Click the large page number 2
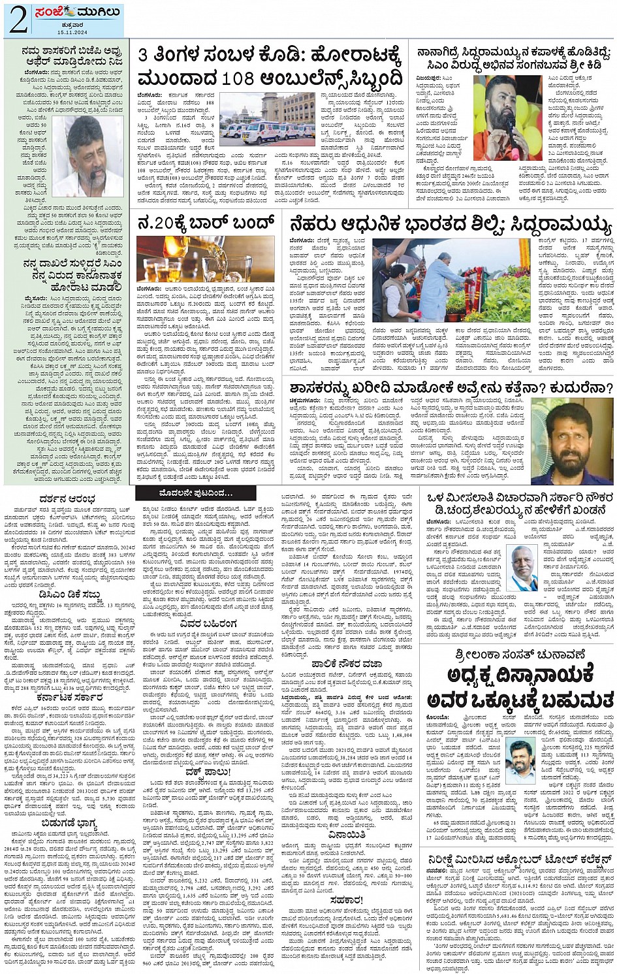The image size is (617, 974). tap(18, 20)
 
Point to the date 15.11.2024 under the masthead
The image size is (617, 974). tap(72, 33)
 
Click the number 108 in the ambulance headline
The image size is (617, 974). tap(243, 78)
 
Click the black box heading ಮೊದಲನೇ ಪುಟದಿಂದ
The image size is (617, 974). tap(195, 493)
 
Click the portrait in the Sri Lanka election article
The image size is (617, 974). tap(520, 761)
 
